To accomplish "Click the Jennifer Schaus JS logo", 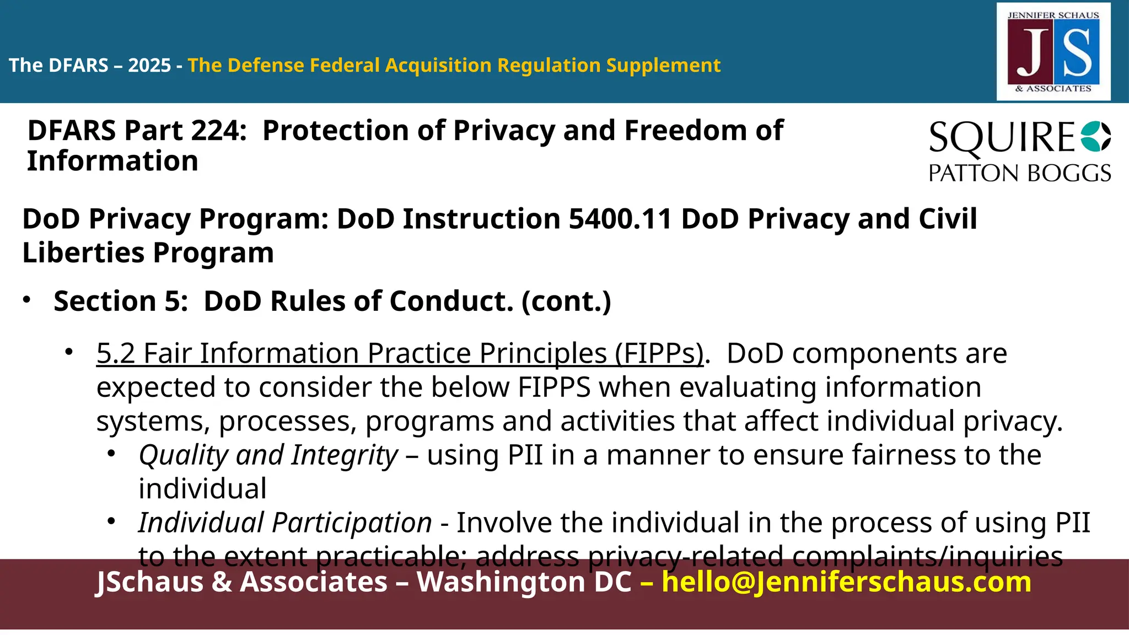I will (1053, 52).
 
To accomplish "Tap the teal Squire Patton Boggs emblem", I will (1095, 137).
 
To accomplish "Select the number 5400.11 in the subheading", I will (620, 219).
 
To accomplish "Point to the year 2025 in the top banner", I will (149, 66).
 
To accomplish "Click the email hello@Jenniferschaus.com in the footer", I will (846, 582).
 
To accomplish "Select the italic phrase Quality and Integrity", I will (268, 455).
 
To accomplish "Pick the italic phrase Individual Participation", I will (284, 523).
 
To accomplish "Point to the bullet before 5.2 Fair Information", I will (69, 352).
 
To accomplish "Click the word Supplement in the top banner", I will (663, 66).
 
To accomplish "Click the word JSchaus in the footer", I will (150, 582).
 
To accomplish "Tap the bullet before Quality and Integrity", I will (111, 454).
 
